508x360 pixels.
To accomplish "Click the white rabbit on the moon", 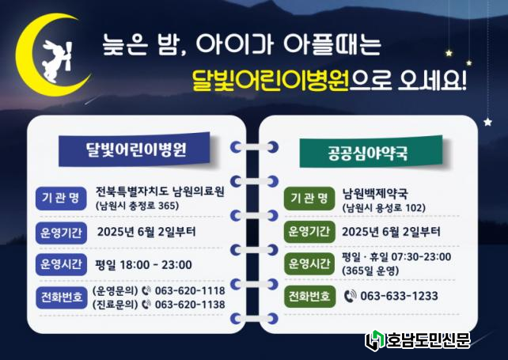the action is point(55,61).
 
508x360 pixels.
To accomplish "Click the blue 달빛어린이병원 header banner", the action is point(135,150).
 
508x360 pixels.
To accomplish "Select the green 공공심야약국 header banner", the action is point(370,153).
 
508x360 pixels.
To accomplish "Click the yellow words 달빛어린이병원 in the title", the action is point(270,80).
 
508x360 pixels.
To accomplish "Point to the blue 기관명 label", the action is point(61,198).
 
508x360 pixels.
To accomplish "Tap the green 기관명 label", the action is point(309,199).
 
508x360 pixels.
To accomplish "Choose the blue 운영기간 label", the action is point(61,233).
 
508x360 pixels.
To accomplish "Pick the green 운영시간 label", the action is point(309,263).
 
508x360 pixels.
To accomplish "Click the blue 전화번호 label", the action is point(61,297).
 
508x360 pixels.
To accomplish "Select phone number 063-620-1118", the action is point(190,290).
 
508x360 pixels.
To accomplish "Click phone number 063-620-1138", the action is point(190,305).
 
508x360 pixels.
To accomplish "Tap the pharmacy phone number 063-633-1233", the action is point(399,296).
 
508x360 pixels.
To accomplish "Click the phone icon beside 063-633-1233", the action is point(350,296).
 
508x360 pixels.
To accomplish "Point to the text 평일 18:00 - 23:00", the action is point(143,265).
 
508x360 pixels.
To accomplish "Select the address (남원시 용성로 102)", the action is point(384,207).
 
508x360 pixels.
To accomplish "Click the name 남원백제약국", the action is point(375,193).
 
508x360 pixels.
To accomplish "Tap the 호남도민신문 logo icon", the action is point(375,340).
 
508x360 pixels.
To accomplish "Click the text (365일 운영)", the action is point(370,271).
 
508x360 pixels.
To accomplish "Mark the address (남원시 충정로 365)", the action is point(138,206).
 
